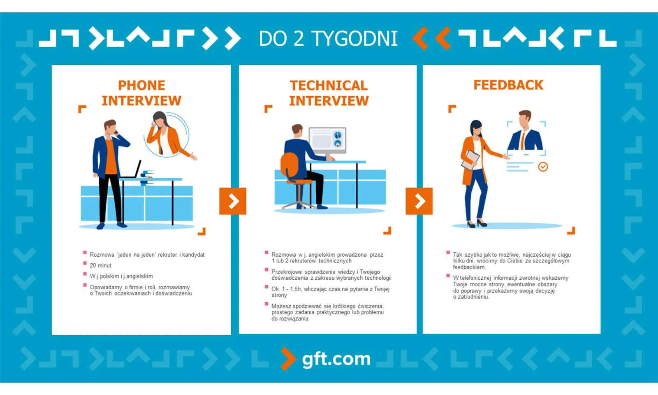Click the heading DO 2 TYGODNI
328,39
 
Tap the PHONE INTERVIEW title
141,93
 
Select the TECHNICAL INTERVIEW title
329,93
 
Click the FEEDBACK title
508,85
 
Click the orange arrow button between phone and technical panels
233,201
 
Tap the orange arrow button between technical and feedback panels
419,201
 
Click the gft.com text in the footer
336,359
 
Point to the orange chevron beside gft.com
288,358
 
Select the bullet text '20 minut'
100,265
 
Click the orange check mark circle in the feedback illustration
543,167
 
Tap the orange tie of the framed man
523,141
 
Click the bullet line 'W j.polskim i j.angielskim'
121,276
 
